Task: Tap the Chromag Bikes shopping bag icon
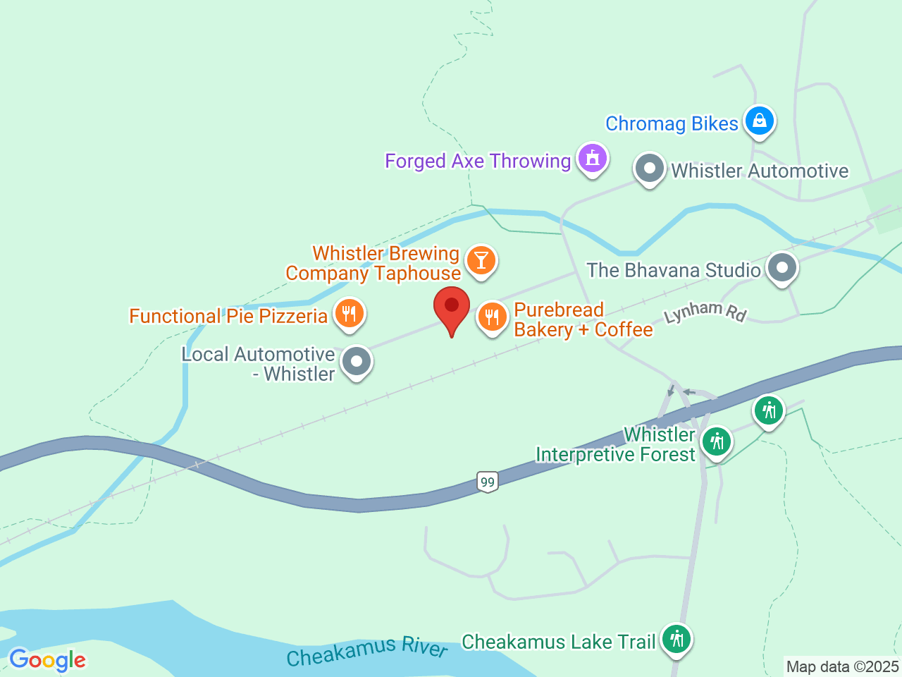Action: coord(759,121)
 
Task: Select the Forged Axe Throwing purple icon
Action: coord(593,159)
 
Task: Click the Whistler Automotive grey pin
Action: coord(649,169)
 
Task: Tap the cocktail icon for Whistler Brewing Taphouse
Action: coord(481,260)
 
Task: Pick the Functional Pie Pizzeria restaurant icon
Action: coord(349,314)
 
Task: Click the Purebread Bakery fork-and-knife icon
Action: coord(492,317)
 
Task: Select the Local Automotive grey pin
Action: coord(356,362)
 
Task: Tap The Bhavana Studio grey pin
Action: coord(781,268)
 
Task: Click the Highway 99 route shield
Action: coord(487,482)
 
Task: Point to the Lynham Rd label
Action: coord(705,311)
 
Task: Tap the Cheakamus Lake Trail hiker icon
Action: coord(676,639)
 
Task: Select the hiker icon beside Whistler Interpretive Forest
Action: coord(717,441)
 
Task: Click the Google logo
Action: coord(47,660)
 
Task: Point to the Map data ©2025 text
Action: coord(842,666)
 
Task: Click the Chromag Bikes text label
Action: coord(672,123)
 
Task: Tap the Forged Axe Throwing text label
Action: coord(478,161)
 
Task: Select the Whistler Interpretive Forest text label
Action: coord(615,444)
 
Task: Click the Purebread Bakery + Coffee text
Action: coord(583,319)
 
